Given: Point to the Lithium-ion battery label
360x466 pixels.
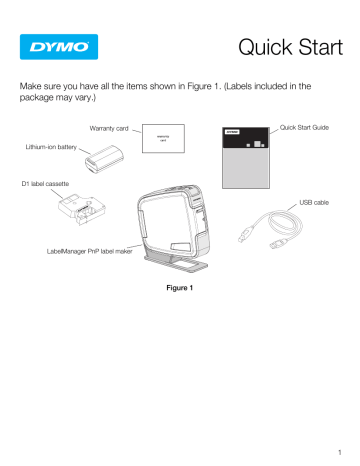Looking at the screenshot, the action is [46, 147].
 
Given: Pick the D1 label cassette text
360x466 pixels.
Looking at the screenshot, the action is [41, 185].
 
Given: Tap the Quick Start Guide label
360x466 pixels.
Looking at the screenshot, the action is [312, 127].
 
